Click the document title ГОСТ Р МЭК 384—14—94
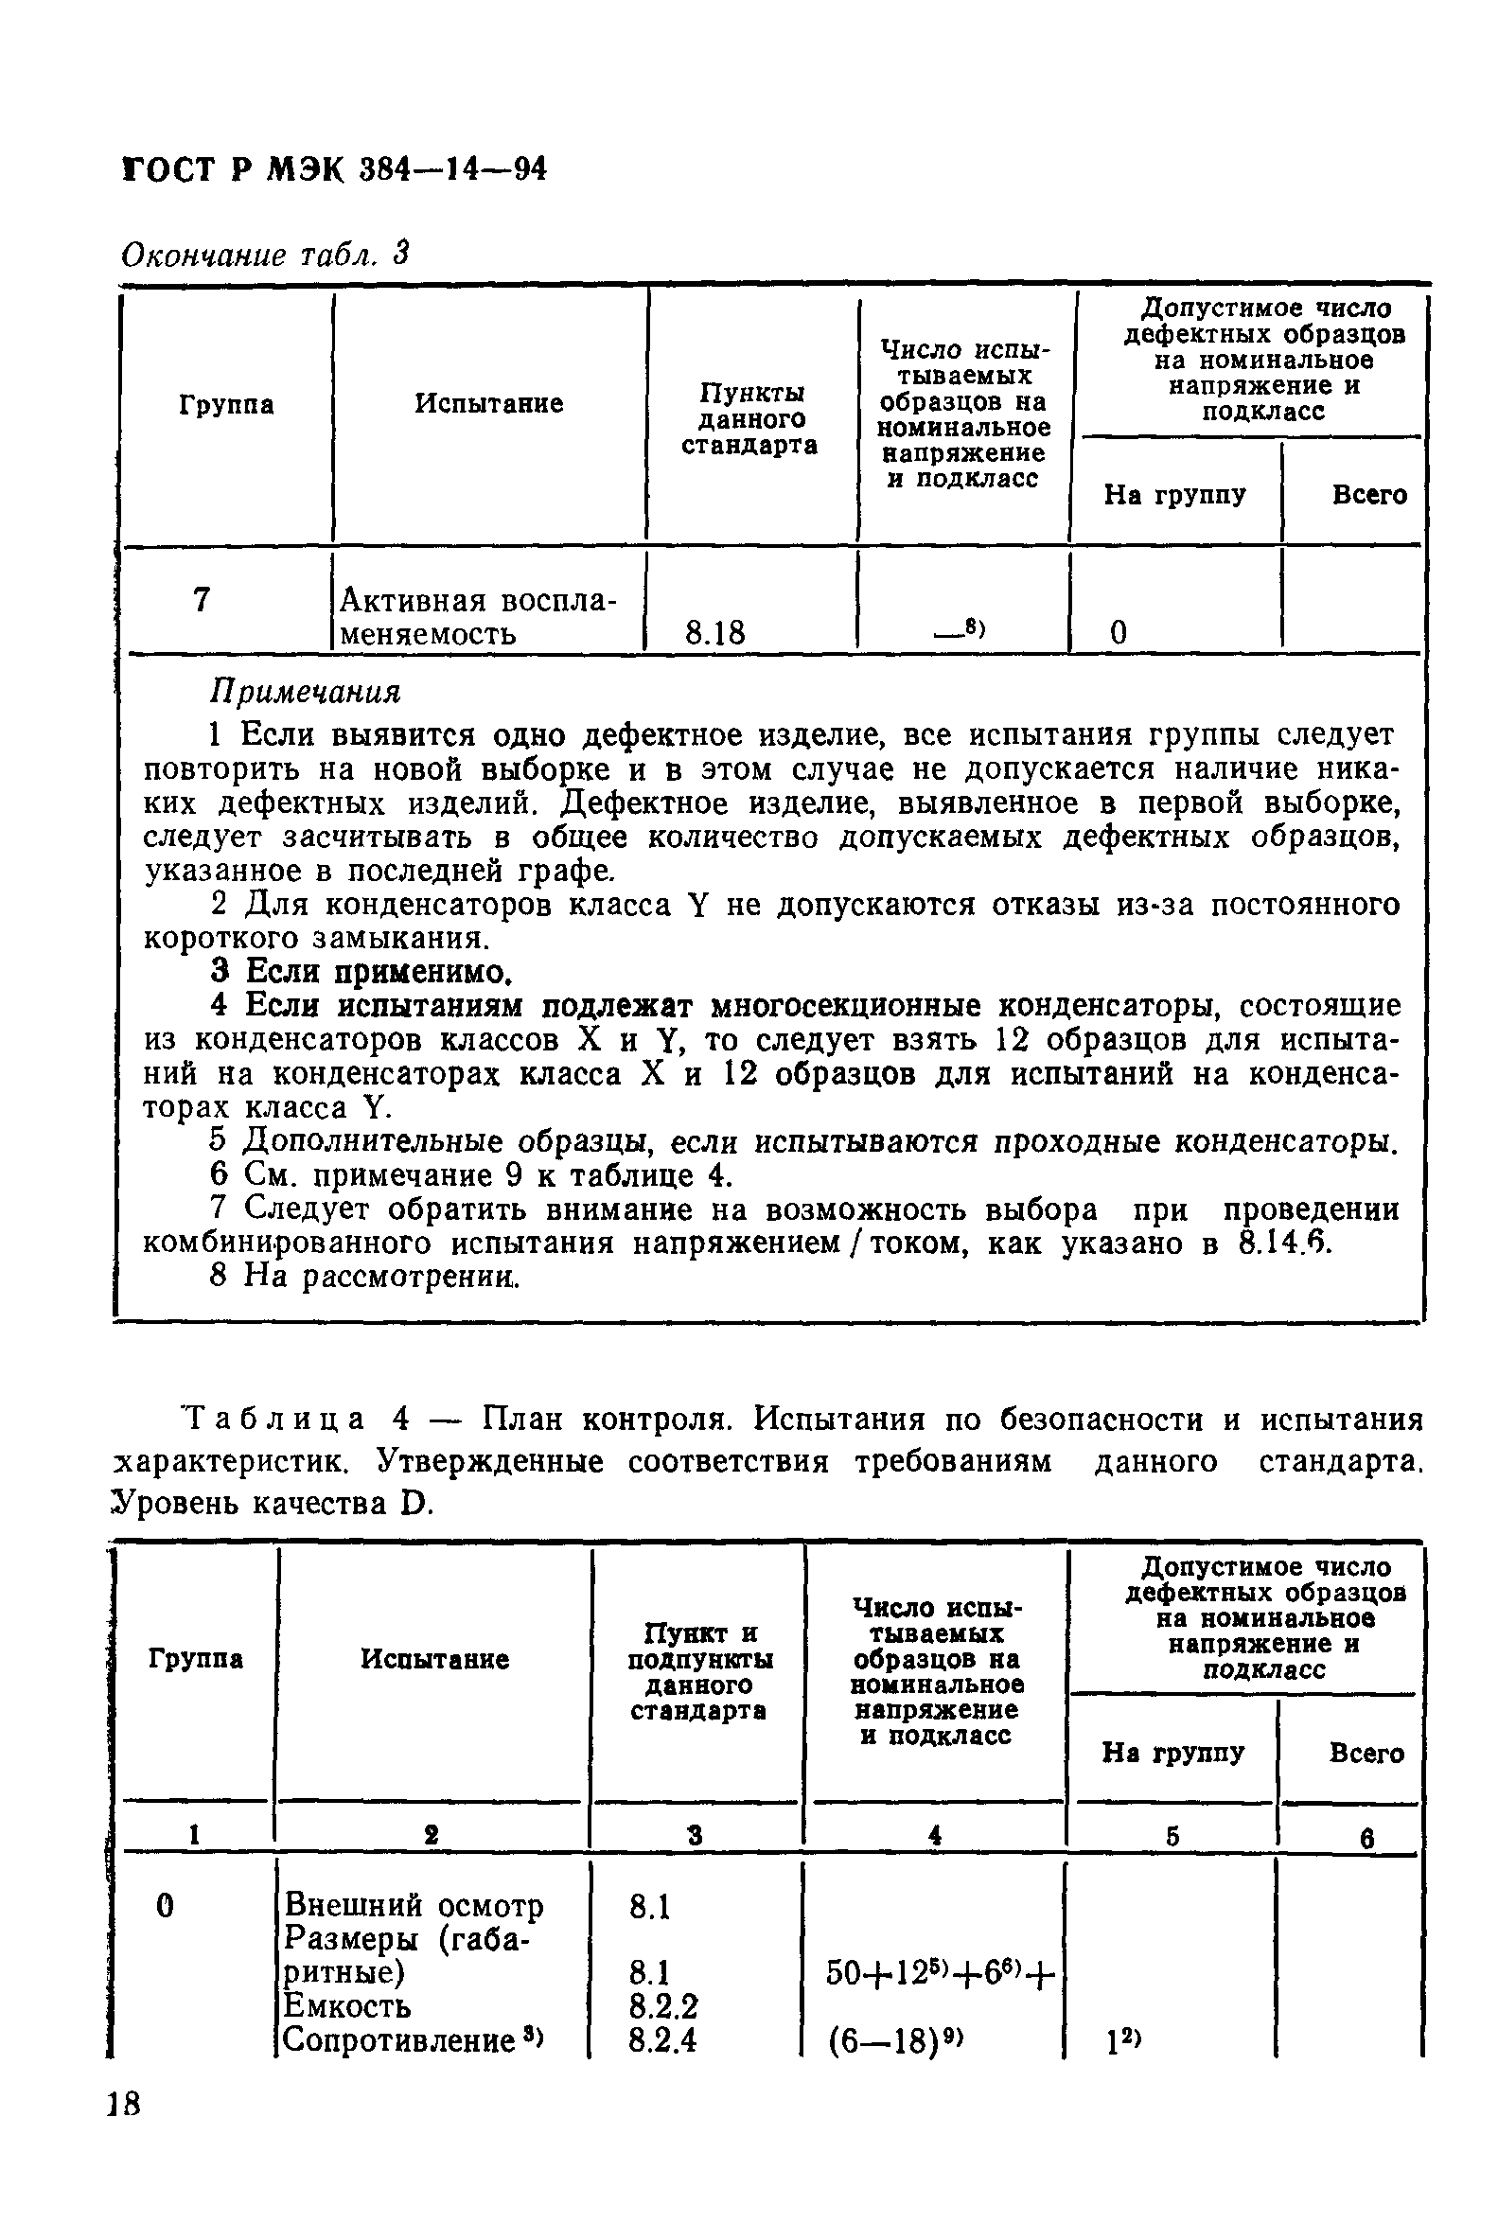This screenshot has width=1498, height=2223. (335, 170)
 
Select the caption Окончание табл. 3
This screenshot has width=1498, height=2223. (266, 255)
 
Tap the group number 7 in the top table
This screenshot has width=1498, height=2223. (201, 600)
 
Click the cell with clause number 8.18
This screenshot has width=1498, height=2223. (714, 632)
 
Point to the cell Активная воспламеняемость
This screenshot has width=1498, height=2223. (478, 616)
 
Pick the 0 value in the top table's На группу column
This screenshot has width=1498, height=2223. (1118, 632)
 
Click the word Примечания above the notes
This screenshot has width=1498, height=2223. (305, 691)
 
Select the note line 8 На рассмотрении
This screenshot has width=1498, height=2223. (364, 1277)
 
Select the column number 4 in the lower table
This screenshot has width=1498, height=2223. (935, 1834)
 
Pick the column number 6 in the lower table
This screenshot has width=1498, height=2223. (1367, 1838)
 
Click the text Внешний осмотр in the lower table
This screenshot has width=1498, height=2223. (414, 1906)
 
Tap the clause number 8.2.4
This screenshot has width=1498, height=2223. (662, 2039)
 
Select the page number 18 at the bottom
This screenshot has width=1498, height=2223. (124, 2104)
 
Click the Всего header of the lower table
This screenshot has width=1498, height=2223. (1366, 1753)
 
